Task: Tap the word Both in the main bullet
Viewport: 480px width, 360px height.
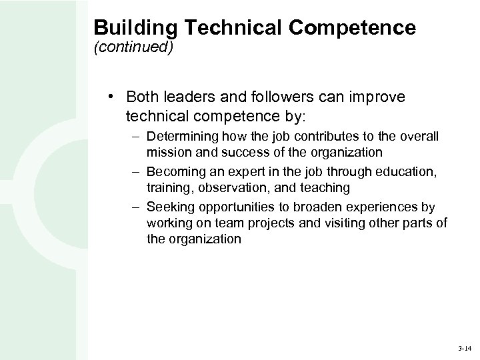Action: coord(143,98)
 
